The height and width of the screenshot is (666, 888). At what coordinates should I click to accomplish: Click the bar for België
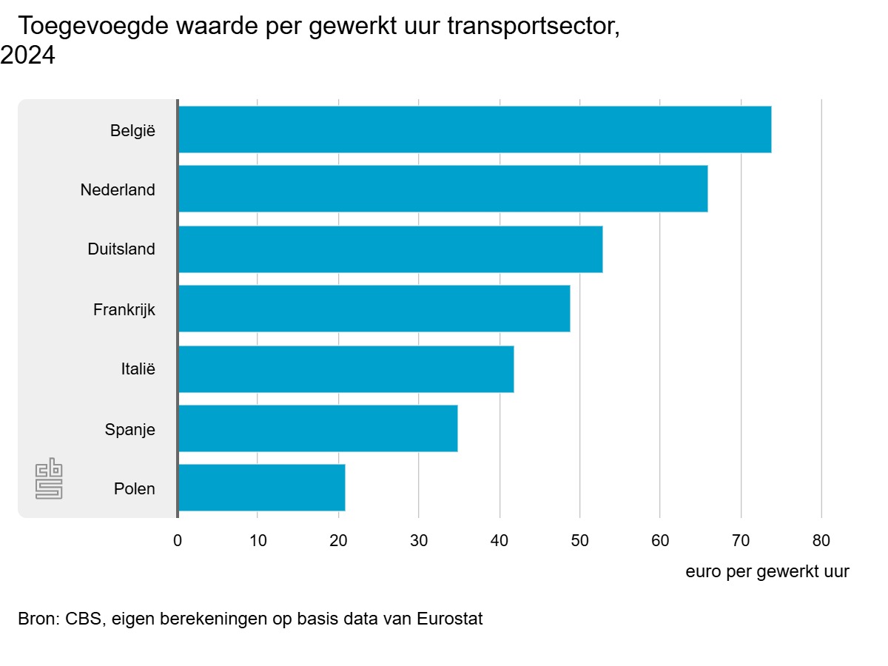click(x=474, y=129)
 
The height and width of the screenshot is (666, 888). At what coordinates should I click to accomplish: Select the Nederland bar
click(x=443, y=189)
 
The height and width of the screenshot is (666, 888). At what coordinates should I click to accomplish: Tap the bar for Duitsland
click(x=390, y=249)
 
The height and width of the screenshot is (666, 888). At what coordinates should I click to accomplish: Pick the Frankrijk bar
click(x=374, y=309)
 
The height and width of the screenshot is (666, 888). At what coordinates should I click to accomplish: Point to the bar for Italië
click(x=346, y=369)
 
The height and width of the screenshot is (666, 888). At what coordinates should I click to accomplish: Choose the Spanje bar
click(x=317, y=428)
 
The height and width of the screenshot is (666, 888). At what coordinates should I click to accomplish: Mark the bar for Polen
click(x=261, y=488)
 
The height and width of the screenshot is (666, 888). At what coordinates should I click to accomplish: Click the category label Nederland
click(x=118, y=189)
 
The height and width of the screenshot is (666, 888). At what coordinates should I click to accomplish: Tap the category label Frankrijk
click(x=124, y=309)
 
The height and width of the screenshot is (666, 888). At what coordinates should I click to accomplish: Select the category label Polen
click(x=135, y=488)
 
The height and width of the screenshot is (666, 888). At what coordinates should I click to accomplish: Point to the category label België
click(x=133, y=130)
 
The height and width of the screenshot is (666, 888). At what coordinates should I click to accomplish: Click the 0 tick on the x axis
click(x=178, y=540)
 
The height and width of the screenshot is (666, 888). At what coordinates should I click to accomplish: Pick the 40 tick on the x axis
click(x=499, y=540)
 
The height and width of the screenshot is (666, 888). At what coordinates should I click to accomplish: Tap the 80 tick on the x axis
click(x=821, y=540)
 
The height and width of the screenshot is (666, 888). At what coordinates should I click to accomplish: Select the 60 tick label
click(x=660, y=540)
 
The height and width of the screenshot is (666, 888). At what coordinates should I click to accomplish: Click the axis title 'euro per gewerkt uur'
click(x=767, y=571)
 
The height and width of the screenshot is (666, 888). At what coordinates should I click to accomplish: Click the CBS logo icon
click(x=49, y=480)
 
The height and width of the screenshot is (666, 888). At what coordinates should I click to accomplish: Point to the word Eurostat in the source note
click(x=449, y=619)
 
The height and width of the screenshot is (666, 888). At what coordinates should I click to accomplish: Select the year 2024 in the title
click(x=27, y=56)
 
